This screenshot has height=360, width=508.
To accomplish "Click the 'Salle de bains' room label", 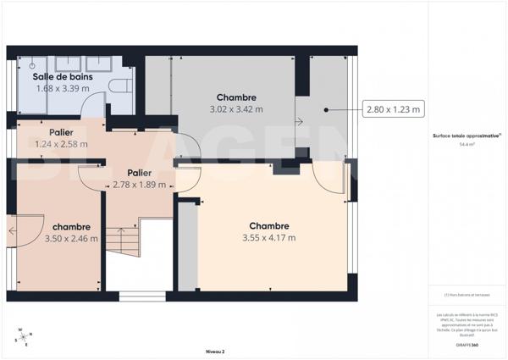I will click(63, 76).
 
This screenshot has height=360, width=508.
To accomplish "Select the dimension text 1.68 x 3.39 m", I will click(63, 87).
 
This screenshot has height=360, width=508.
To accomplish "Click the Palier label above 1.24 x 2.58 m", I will click(60, 132).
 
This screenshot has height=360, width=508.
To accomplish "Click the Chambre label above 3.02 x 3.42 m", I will click(236, 97).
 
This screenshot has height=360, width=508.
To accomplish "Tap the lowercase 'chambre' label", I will click(70, 227).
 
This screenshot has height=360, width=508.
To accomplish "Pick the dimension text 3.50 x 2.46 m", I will click(70, 238).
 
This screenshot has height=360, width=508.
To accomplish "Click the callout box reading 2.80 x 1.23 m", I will click(394, 108).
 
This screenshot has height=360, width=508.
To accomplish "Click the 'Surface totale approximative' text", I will click(465, 136).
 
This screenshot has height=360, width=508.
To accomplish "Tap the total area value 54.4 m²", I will click(466, 145).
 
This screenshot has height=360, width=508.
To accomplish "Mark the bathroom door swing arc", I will click(95, 107).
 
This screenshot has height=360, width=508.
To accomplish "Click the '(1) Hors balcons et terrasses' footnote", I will click(466, 295).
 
